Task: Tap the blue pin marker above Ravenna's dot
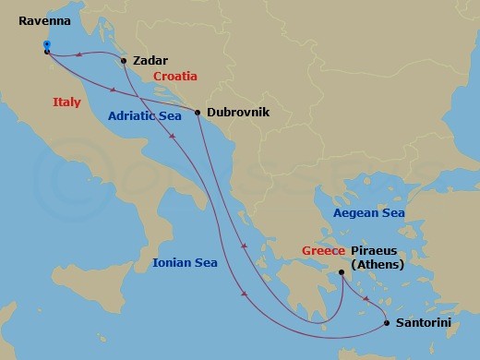(x=46, y=43)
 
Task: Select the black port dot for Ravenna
(x=46, y=52)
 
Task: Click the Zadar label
(x=150, y=60)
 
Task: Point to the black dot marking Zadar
(x=124, y=62)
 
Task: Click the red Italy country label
(x=68, y=102)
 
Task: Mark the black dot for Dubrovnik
(x=198, y=113)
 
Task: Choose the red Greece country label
(x=323, y=250)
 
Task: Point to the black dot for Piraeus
(x=342, y=271)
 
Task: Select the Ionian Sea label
(x=185, y=263)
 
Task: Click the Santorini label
(x=425, y=324)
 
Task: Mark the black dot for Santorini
(x=387, y=323)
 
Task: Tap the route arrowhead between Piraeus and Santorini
(x=367, y=300)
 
